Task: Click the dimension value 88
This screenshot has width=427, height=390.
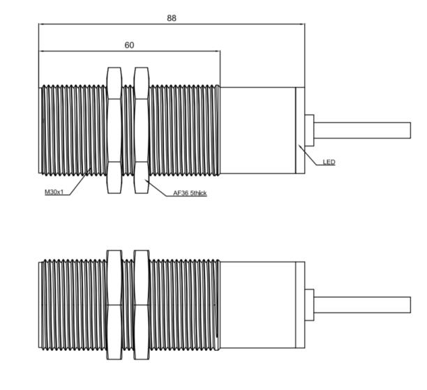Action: pyautogui.click(x=172, y=18)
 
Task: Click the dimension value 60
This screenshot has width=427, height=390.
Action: pyautogui.click(x=129, y=45)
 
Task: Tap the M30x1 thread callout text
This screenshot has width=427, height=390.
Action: pyautogui.click(x=54, y=193)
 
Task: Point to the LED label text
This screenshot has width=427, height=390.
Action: pyautogui.click(x=329, y=163)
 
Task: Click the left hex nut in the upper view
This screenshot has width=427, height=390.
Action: pyautogui.click(x=114, y=130)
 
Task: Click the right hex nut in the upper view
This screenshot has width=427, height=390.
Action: pyautogui.click(x=141, y=130)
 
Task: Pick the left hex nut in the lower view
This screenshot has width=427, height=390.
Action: pyautogui.click(x=114, y=304)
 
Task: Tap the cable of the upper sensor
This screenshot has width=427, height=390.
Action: pyautogui.click(x=362, y=130)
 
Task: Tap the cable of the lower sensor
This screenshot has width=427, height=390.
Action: pyautogui.click(x=362, y=305)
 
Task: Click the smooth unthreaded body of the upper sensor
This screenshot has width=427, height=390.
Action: pyautogui.click(x=257, y=130)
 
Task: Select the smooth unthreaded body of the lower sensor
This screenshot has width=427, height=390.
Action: pyautogui.click(x=257, y=304)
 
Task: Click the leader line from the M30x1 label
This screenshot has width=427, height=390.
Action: pyautogui.click(x=77, y=183)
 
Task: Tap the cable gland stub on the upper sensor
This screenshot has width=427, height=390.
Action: pyautogui.click(x=308, y=130)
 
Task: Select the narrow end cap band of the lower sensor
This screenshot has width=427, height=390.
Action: pyautogui.click(x=300, y=304)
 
